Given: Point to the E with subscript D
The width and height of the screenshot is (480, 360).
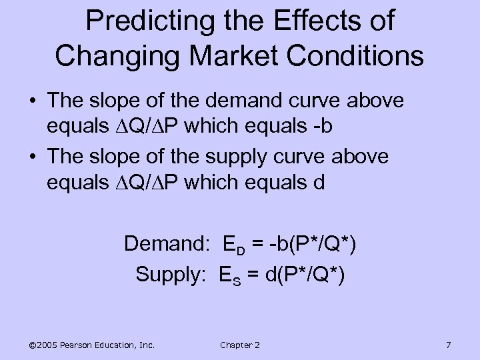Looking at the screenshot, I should (230, 245).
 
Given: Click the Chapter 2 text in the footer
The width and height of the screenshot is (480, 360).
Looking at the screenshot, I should (239, 345).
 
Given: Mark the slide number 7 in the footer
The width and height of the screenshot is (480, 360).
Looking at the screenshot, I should (448, 345).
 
